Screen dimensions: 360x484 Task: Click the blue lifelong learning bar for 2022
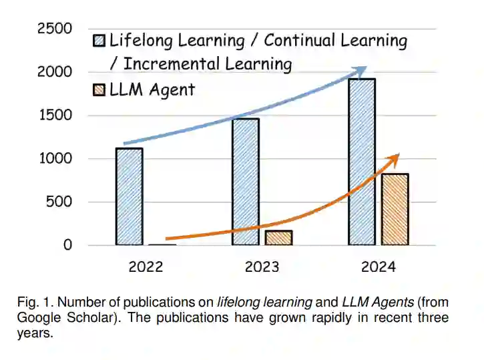click(x=129, y=196)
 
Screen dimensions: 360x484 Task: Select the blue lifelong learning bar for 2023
click(x=245, y=182)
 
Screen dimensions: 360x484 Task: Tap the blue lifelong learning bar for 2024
click(x=361, y=162)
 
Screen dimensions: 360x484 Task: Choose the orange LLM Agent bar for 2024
click(x=395, y=209)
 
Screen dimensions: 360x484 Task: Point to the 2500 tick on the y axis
click(x=54, y=29)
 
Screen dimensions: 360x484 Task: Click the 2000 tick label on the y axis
click(x=54, y=72)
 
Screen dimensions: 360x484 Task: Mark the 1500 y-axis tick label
click(x=54, y=116)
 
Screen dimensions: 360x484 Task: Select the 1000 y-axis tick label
click(x=54, y=159)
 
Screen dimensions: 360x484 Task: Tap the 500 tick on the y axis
click(x=59, y=202)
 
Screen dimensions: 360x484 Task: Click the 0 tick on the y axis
click(x=67, y=245)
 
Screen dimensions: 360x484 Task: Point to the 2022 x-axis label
click(x=146, y=267)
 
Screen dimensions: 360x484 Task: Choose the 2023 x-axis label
click(x=262, y=267)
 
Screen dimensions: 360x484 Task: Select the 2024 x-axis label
click(x=378, y=267)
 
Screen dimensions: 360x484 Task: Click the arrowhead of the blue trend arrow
click(x=361, y=69)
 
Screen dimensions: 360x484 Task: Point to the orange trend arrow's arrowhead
click(x=395, y=158)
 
